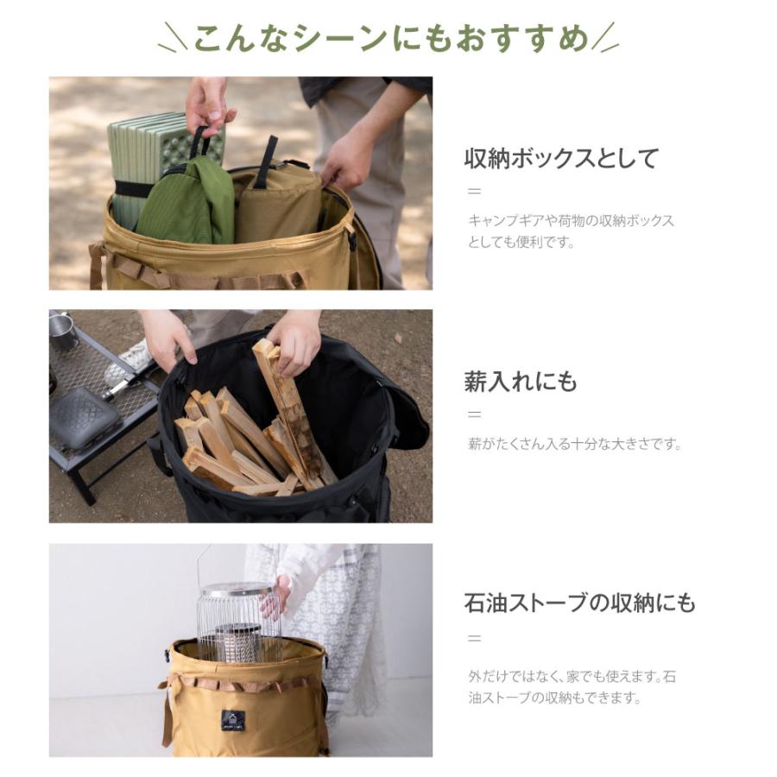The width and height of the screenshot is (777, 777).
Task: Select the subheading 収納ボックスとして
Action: click(x=561, y=159)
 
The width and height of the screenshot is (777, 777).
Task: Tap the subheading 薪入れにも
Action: click(x=521, y=382)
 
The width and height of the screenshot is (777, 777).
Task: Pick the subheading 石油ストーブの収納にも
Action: click(x=579, y=603)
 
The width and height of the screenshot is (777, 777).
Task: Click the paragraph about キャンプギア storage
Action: click(x=570, y=231)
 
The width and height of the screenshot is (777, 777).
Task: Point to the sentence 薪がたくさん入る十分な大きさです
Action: click(x=575, y=445)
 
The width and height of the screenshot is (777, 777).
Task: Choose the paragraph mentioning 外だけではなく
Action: click(x=572, y=687)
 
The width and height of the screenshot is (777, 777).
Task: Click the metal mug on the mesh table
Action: click(x=62, y=331)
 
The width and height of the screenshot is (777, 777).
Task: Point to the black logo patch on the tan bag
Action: click(x=232, y=720)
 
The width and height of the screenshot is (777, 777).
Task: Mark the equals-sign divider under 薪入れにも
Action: click(x=474, y=414)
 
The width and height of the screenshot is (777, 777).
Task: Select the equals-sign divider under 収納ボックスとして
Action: click(x=474, y=192)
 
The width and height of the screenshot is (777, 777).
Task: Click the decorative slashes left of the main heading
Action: click(x=172, y=40)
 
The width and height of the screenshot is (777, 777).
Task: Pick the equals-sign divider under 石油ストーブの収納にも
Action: click(x=474, y=639)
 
